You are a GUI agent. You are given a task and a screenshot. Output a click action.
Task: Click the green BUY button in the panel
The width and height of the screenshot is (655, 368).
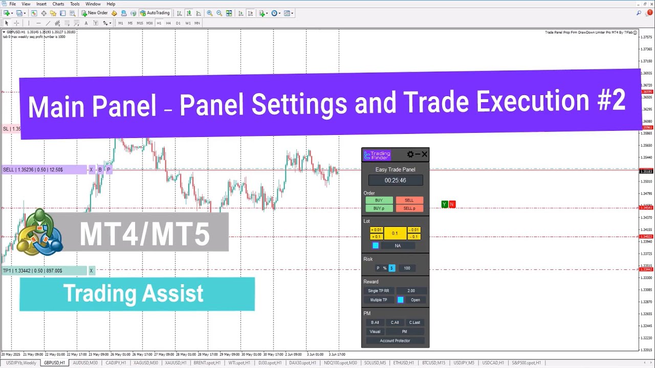tap(379, 200)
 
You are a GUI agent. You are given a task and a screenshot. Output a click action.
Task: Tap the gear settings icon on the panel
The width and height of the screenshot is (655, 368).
tap(410, 154)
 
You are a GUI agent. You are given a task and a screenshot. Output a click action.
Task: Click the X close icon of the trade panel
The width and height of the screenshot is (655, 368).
tap(424, 154)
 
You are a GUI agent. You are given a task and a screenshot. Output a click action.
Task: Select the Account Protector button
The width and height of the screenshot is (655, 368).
tap(395, 341)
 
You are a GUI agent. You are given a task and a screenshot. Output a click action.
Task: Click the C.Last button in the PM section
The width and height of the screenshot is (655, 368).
tap(414, 323)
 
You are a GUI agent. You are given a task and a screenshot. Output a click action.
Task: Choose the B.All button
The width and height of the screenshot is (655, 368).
tap(375, 323)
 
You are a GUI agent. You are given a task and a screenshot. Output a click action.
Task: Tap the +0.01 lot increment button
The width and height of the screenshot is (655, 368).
tap(376, 230)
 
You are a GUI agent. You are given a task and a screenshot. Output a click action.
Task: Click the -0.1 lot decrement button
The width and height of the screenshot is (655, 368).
tap(414, 237)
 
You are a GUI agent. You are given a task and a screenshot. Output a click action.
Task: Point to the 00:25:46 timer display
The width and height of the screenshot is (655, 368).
tap(396, 180)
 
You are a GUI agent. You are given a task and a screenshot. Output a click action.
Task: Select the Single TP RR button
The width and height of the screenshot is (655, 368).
tap(379, 291)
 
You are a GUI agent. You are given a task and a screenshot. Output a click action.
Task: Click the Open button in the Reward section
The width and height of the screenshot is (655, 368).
tap(415, 300)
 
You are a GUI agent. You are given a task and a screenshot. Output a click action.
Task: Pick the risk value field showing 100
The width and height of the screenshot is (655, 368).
tap(407, 268)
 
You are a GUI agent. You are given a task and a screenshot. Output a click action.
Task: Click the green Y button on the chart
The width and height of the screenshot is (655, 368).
tap(444, 204)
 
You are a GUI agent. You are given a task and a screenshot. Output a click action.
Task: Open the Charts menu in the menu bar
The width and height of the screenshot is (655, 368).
tap(58, 4)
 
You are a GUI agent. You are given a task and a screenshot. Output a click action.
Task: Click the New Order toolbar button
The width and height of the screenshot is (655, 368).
tap(95, 13)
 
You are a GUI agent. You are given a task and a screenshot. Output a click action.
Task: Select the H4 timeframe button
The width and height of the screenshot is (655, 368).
tap(168, 23)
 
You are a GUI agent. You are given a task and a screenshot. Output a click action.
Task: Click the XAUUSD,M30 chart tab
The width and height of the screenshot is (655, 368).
tap(145, 363)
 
